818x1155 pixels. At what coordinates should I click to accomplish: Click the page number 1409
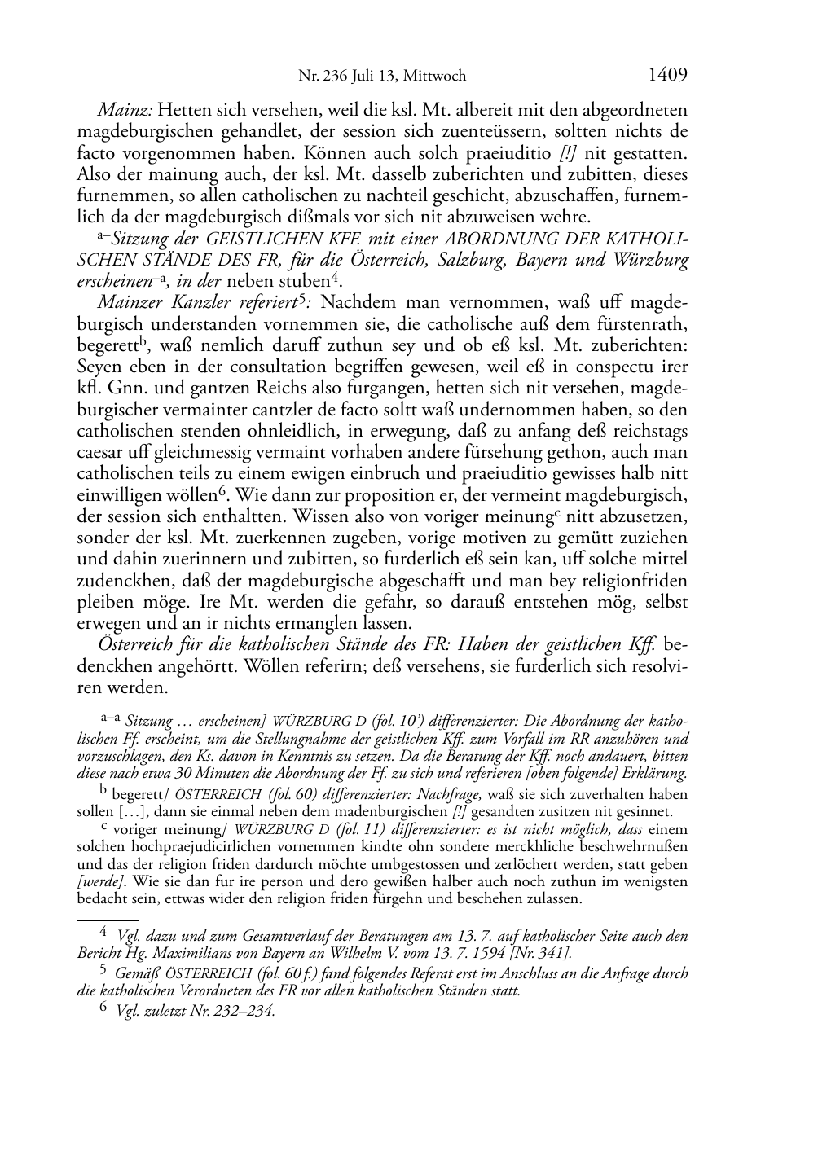tap(668, 75)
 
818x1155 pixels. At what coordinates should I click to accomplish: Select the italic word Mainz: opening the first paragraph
tap(125, 110)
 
